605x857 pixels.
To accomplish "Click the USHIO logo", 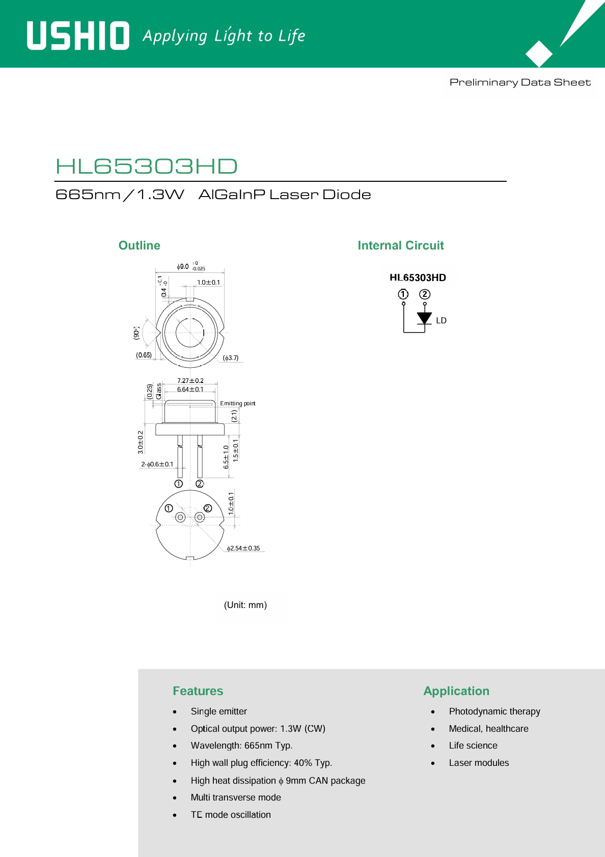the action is [78, 36].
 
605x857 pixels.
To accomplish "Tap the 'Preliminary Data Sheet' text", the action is [520, 82].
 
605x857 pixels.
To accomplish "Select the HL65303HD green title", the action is [147, 166].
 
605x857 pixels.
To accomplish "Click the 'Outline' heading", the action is [140, 245].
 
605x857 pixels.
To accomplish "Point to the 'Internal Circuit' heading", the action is [401, 245].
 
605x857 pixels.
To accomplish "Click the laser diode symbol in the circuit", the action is [424, 318].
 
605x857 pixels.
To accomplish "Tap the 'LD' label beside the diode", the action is [441, 320].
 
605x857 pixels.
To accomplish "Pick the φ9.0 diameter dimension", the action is [190, 266].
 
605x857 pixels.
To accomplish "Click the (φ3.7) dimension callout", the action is [231, 358].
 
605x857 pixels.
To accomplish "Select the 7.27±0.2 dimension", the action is [190, 380].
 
